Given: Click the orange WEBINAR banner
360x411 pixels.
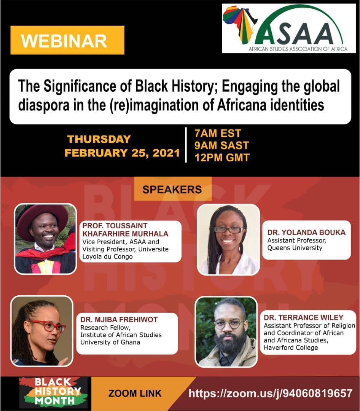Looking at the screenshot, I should (x=67, y=40).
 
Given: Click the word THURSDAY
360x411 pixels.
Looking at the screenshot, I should (x=99, y=139).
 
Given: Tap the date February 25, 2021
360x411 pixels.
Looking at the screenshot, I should (x=122, y=153).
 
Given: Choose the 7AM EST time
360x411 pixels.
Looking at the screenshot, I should (x=218, y=134).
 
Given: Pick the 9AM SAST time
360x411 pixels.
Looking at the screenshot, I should (x=221, y=145).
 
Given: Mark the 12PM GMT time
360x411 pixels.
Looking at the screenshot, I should (x=222, y=157).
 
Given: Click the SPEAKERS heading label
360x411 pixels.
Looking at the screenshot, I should (x=172, y=189).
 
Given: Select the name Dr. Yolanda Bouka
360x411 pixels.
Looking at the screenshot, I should (x=306, y=233).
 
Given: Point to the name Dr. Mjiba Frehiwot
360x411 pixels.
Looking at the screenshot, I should (x=119, y=320).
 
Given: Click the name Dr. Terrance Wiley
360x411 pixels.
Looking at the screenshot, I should (x=303, y=317).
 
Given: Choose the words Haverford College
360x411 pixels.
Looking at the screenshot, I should (x=291, y=347).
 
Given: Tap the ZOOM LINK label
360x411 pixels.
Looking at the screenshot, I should (x=135, y=393).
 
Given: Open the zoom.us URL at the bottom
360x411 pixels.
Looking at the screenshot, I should (x=270, y=393).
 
